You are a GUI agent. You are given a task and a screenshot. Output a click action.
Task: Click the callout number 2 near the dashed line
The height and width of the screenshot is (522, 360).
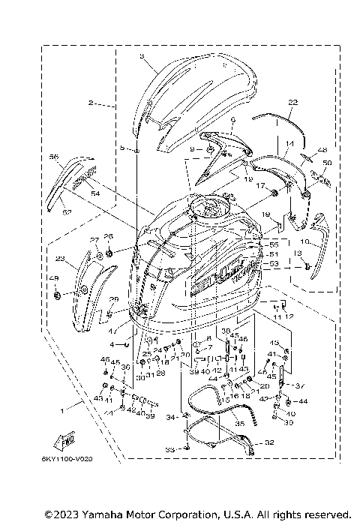(90, 102)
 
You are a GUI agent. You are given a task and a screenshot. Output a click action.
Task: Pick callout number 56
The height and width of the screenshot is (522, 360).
(53, 157)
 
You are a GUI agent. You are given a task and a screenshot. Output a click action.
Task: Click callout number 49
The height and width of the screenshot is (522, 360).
(53, 279)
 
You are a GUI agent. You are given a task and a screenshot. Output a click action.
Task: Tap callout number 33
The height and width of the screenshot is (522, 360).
(169, 450)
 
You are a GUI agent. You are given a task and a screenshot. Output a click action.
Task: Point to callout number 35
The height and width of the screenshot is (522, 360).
(240, 424)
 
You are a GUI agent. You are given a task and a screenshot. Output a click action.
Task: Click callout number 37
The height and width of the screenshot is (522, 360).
(301, 386)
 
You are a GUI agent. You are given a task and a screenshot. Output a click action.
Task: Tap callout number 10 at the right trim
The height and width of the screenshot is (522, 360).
(304, 241)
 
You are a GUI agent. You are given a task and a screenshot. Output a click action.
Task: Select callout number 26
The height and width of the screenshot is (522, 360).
(108, 237)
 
